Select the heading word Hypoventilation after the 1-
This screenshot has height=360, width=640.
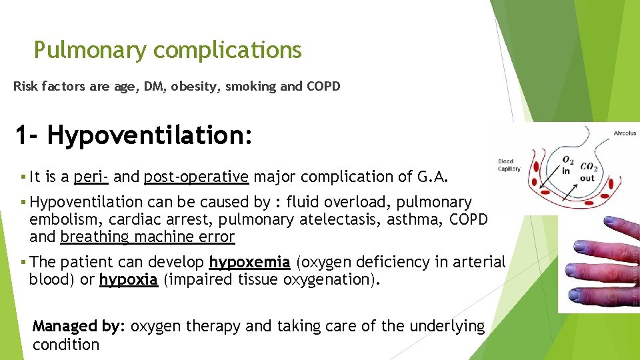point(149,136)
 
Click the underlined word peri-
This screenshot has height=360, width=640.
point(91,177)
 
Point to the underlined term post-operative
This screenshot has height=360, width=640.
point(196,177)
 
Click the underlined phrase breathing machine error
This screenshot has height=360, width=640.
point(147,237)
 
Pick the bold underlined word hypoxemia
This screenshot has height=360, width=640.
point(249,262)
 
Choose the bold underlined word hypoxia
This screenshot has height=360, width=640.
point(128,279)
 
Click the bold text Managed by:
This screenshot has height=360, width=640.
point(79,326)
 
